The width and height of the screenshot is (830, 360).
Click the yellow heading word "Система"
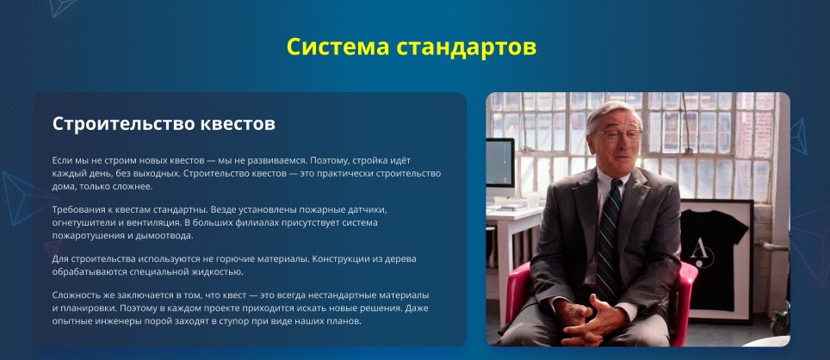pyautogui.click(x=338, y=47)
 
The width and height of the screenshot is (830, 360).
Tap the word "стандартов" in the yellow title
pyautogui.click(x=467, y=47)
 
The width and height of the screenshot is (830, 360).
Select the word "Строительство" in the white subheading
pyautogui.click(x=123, y=124)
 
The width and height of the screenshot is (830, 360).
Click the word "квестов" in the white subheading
pyautogui.click(x=238, y=124)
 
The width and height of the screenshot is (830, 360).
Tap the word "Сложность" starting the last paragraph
pyautogui.click(x=75, y=295)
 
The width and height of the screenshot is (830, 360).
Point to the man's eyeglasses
pyautogui.click(x=617, y=135)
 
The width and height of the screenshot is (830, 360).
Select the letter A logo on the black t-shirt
pyautogui.click(x=703, y=253)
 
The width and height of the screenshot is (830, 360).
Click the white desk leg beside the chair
pyautogui.click(x=503, y=276)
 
